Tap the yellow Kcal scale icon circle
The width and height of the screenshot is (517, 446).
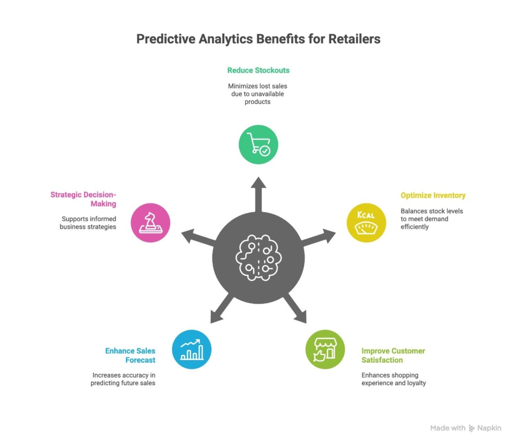366,222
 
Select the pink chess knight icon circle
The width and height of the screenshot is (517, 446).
150,222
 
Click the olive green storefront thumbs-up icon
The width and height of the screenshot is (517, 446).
325,349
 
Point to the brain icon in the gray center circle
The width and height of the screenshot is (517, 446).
258,257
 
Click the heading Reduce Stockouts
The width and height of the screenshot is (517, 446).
258,70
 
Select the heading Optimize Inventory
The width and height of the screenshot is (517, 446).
433,195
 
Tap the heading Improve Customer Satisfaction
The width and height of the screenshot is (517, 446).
393,355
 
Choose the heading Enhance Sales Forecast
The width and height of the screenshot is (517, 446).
130,355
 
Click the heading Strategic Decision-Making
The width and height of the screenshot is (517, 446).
83,199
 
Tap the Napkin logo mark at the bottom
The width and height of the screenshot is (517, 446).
472,428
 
